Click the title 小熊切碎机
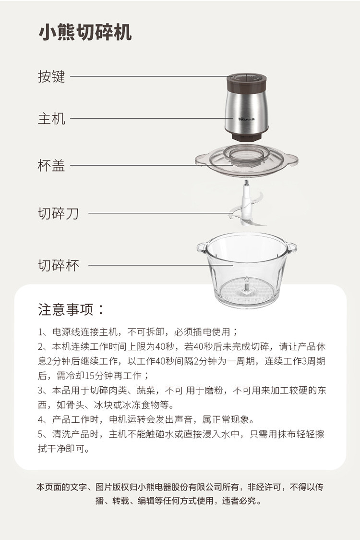(85, 33)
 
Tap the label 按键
(51, 76)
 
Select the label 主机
(51, 119)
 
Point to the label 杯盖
(51, 165)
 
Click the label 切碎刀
(58, 213)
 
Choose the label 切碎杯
(58, 266)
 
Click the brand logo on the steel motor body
(247, 120)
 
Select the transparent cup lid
(246, 160)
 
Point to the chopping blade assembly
(246, 205)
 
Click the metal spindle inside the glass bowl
(246, 285)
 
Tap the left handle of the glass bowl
(202, 247)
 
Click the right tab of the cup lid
(291, 160)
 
